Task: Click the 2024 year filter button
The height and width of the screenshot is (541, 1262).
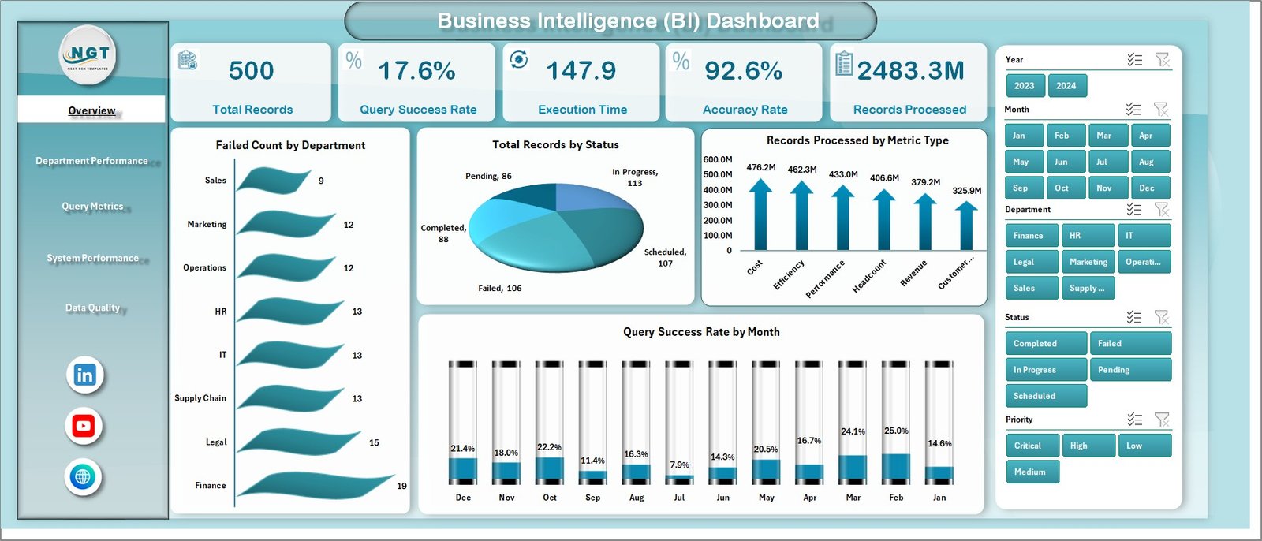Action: (x=1066, y=86)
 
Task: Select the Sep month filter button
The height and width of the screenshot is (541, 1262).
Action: (x=1024, y=188)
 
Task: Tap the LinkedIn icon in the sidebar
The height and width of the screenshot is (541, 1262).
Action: (x=84, y=375)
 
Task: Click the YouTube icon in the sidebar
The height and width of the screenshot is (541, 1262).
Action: (x=84, y=427)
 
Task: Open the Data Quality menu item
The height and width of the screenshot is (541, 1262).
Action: (x=92, y=308)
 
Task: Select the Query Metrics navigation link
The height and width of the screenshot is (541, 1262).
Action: (x=92, y=207)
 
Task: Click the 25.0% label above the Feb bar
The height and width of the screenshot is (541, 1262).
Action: (x=895, y=431)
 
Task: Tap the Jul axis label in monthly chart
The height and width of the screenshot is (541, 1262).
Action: (x=679, y=498)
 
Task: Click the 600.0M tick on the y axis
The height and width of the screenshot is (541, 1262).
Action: (x=718, y=159)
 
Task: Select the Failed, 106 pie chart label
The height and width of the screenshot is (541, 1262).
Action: (x=499, y=289)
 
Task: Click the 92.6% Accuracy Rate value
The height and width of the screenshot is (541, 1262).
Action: (x=743, y=71)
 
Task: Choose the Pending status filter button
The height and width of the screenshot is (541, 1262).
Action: (x=1129, y=370)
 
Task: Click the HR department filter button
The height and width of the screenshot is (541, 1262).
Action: (x=1088, y=236)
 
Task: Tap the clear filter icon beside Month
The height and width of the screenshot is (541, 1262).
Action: (x=1160, y=110)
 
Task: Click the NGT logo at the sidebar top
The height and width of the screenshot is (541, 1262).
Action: (x=89, y=54)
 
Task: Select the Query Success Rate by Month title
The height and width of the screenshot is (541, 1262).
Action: (x=701, y=332)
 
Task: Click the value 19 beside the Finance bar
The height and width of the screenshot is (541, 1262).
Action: (x=401, y=486)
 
